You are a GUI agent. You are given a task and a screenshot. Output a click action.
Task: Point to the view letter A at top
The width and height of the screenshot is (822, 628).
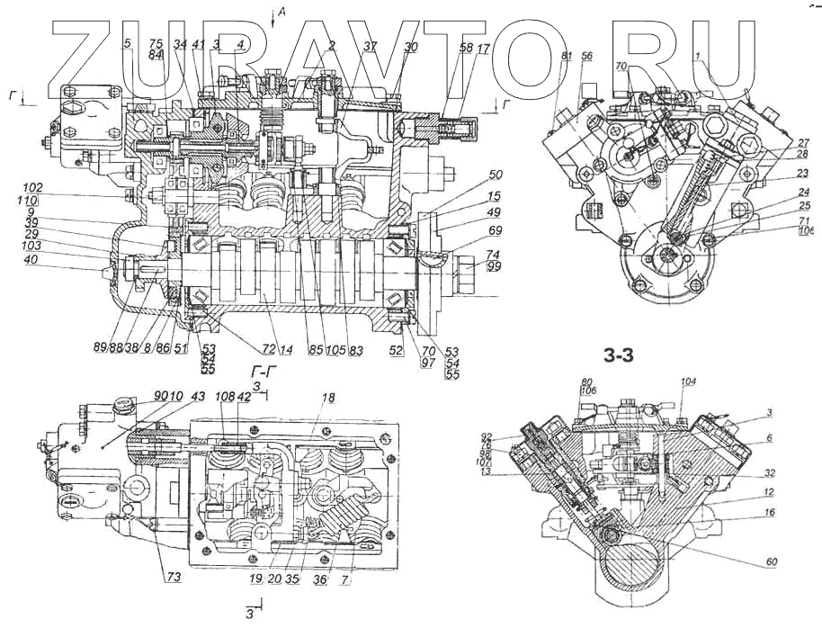282,12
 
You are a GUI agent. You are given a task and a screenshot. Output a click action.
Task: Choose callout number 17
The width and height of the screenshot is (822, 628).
483,49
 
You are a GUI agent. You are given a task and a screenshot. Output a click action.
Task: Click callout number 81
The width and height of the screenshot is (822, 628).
566,57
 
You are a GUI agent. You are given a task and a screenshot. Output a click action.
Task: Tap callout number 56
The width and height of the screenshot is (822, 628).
586,57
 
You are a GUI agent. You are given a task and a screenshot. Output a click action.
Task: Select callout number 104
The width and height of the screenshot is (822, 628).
689,382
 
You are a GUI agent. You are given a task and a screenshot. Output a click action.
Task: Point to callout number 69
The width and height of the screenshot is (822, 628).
495,233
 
